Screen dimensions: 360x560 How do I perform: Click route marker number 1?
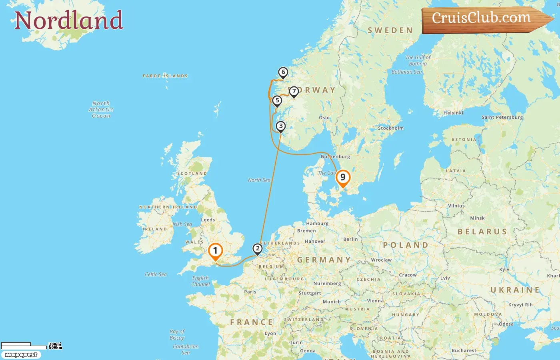point(215,251)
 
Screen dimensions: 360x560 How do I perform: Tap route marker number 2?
point(258,249)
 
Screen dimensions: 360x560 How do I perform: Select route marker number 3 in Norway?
point(281,126)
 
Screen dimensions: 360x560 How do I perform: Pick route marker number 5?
point(277,100)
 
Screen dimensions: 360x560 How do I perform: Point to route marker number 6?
point(283,72)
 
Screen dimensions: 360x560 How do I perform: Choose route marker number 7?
point(294,91)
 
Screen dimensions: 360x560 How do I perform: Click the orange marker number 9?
point(343,178)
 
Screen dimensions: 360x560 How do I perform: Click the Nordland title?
point(69,20)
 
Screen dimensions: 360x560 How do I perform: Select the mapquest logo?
point(21,355)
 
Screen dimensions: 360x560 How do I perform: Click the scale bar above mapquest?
point(24,346)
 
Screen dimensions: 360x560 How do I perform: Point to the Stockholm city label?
point(391,128)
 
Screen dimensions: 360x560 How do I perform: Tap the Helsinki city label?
point(453,113)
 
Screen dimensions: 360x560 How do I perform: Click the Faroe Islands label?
point(165,76)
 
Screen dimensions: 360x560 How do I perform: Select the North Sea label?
point(259,180)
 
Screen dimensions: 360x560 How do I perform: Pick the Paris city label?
point(250,292)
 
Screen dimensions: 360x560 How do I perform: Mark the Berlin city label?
point(350,239)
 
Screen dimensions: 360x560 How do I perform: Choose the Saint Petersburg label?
point(502,117)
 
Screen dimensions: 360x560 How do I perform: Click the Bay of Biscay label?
point(177,334)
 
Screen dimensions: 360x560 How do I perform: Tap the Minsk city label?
point(477,218)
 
